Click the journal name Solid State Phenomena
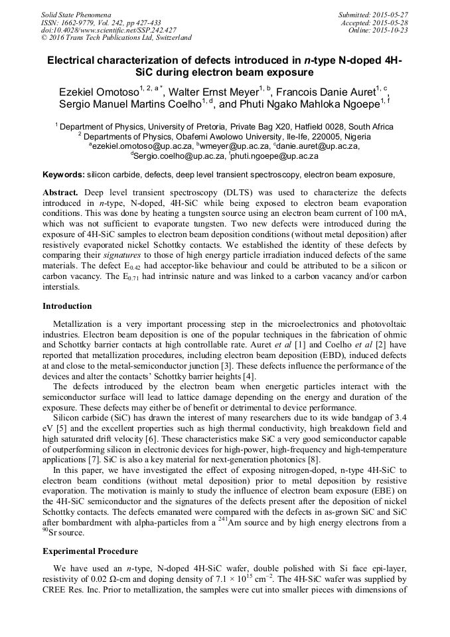(x=76, y=14)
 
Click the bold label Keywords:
(x=64, y=175)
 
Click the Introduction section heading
(x=67, y=306)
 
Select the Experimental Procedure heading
(x=90, y=551)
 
